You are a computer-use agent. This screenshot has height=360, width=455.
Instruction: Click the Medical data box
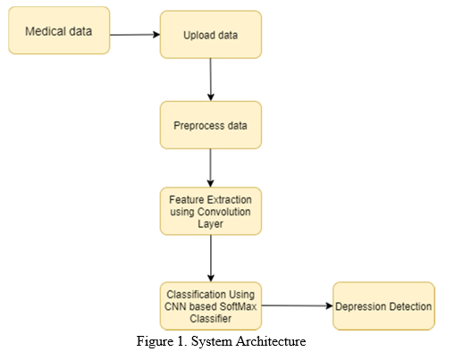pyautogui.click(x=59, y=30)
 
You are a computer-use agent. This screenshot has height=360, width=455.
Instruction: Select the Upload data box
pyautogui.click(x=211, y=35)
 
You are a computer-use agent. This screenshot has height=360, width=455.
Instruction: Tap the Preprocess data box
pyautogui.click(x=211, y=125)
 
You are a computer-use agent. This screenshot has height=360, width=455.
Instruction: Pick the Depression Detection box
pyautogui.click(x=383, y=306)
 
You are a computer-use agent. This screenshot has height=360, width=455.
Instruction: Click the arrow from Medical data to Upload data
pyautogui.click(x=135, y=35)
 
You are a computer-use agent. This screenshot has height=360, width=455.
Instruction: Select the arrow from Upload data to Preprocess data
pyautogui.click(x=211, y=80)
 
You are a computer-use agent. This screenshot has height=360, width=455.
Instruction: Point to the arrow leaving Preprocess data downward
pyautogui.click(x=211, y=168)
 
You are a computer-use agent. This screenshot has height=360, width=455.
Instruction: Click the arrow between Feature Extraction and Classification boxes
pyautogui.click(x=211, y=258)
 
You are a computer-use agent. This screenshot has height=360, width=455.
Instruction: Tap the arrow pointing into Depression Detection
pyautogui.click(x=297, y=306)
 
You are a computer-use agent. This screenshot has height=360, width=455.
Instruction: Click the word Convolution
pyautogui.click(x=224, y=212)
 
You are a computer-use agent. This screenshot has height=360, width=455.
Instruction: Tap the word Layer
pyautogui.click(x=210, y=224)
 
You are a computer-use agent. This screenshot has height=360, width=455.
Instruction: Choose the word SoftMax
pyautogui.click(x=238, y=306)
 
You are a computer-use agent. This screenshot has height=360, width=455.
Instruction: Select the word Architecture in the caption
pyautogui.click(x=271, y=341)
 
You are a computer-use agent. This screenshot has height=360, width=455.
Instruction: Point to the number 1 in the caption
pyautogui.click(x=181, y=341)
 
